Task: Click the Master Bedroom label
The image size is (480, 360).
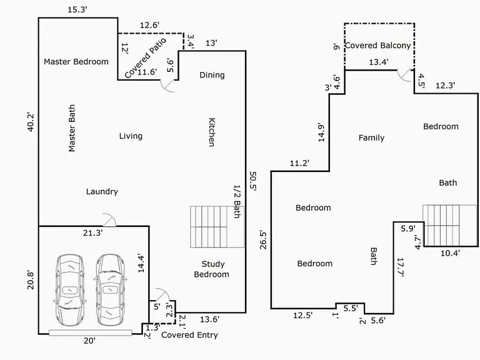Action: tap(76, 62)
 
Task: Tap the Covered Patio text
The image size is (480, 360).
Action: tap(146, 58)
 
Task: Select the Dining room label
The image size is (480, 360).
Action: tap(212, 75)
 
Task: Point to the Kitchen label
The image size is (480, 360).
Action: tap(212, 132)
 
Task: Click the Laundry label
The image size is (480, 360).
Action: tap(102, 192)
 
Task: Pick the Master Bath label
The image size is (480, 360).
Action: tap(72, 128)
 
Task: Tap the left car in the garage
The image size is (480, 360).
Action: tap(69, 290)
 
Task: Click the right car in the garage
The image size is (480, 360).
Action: tap(110, 290)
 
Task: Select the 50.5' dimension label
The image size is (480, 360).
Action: tap(253, 181)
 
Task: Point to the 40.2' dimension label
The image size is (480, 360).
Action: tap(31, 122)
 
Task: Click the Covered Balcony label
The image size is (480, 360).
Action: tap(377, 46)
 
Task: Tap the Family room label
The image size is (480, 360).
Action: tap(371, 137)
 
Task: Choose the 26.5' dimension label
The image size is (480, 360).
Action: tap(263, 240)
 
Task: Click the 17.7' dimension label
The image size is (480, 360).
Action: tap(401, 267)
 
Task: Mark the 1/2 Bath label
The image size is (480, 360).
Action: tap(237, 201)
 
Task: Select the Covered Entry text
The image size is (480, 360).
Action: tap(189, 335)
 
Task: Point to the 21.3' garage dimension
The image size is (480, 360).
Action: tap(92, 233)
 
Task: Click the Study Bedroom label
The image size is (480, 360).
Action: tap(211, 269)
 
